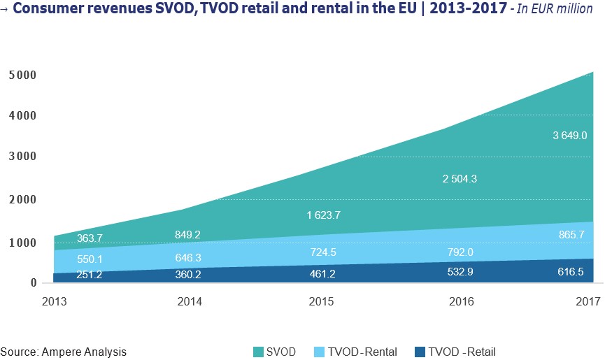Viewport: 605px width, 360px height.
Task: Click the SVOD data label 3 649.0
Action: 565,136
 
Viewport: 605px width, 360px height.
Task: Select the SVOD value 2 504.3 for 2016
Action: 460,179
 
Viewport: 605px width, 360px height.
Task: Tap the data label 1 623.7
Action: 322,215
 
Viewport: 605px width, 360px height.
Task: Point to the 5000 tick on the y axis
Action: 23,74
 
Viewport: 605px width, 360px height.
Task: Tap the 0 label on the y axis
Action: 33,282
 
